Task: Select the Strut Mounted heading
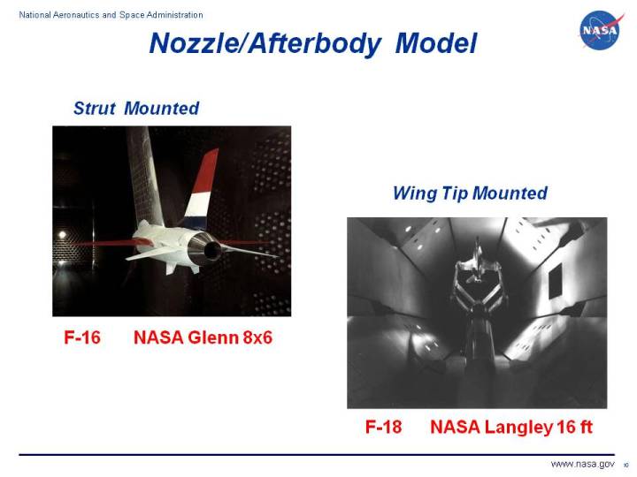click(136, 109)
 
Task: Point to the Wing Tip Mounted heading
click(470, 193)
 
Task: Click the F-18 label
click(383, 428)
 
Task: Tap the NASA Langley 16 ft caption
click(510, 428)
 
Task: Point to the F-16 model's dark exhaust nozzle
click(213, 251)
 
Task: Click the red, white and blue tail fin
click(203, 186)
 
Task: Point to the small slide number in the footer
click(625, 466)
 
